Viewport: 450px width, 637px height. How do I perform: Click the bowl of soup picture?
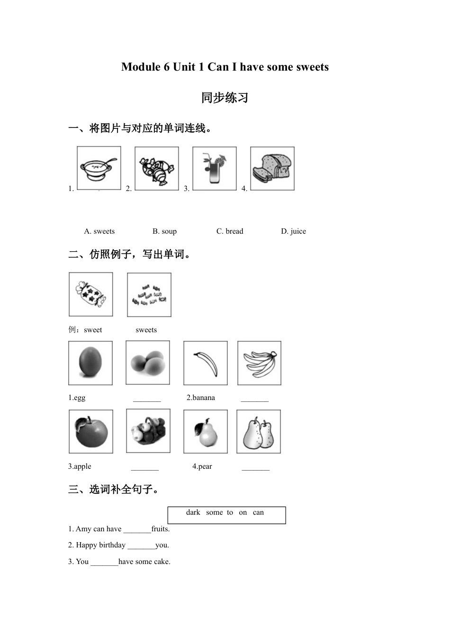(99, 168)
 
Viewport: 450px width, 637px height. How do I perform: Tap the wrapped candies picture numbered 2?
(157, 168)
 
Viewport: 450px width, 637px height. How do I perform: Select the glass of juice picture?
(215, 168)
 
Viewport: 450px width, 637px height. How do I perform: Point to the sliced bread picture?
(272, 168)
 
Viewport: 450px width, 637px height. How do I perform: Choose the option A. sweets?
(99, 231)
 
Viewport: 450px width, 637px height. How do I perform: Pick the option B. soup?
(164, 231)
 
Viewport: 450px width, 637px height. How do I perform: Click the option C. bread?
(230, 231)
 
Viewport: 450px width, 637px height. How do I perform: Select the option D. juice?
(293, 231)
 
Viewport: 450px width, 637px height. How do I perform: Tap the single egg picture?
(90, 363)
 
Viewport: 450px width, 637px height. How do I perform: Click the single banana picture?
(206, 363)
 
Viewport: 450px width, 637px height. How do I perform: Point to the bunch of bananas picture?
(259, 363)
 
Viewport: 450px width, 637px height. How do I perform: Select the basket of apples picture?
(148, 431)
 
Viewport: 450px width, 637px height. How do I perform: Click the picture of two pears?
(259, 432)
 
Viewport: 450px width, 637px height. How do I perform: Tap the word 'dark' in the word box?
(193, 512)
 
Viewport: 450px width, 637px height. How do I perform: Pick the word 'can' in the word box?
(258, 512)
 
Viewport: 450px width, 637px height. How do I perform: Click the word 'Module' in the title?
(141, 67)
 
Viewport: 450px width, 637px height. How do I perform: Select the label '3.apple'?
(80, 466)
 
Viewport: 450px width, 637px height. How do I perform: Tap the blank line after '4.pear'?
(255, 468)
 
